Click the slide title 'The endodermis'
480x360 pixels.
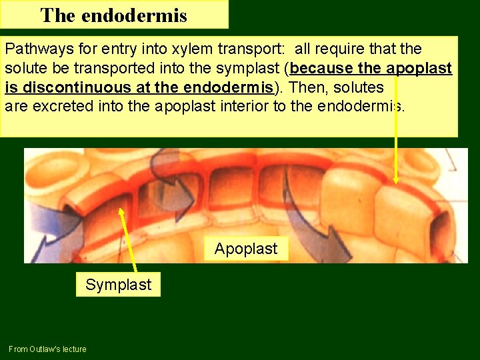tap(113, 15)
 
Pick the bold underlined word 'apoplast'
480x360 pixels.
tap(419, 69)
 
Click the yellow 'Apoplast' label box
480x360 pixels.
tap(246, 249)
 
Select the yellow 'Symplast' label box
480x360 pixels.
tap(118, 285)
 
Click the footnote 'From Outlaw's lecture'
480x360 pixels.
tap(47, 349)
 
